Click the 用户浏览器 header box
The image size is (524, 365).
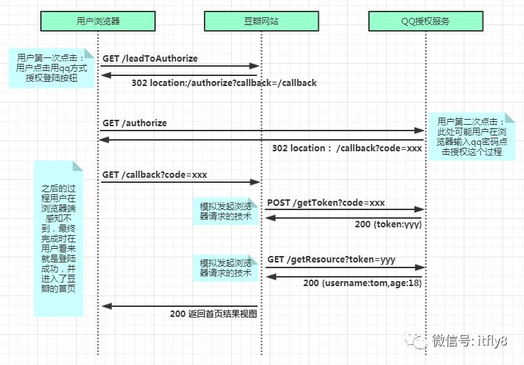[98, 22]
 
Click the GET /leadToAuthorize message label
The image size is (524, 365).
[150, 58]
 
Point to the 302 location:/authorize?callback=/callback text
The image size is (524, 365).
[224, 83]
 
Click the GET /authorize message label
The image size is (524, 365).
[134, 123]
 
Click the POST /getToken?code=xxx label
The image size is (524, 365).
[326, 203]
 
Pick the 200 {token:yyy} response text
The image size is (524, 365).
[388, 224]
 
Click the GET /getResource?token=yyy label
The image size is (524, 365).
[331, 259]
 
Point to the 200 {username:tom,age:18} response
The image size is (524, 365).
[362, 283]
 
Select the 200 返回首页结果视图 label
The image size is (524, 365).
[213, 313]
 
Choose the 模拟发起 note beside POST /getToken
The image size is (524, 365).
[225, 212]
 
